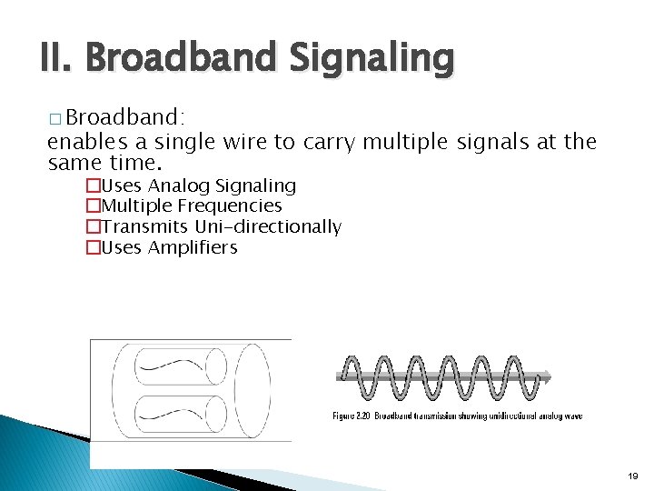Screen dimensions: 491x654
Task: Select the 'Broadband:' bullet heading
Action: [125, 117]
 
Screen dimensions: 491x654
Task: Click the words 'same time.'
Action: [104, 164]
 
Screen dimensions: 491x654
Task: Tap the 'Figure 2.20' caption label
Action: [350, 416]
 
